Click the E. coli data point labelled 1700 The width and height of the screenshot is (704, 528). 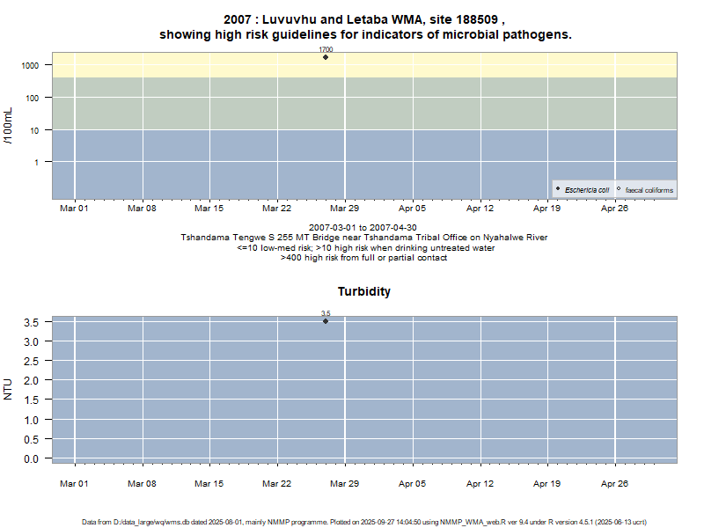pyautogui.click(x=326, y=57)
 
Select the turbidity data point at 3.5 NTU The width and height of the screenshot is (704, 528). pyautogui.click(x=326, y=321)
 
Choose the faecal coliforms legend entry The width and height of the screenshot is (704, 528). pyautogui.click(x=649, y=190)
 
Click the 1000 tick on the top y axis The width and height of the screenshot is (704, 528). pyautogui.click(x=29, y=65)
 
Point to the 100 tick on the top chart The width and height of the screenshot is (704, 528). pyautogui.click(x=32, y=98)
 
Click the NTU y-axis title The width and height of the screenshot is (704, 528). pyautogui.click(x=9, y=389)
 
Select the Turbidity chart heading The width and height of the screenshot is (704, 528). pyautogui.click(x=364, y=291)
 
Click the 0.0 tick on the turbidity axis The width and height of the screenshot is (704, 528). pyautogui.click(x=32, y=458)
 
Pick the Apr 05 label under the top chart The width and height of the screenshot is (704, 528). pyautogui.click(x=412, y=209)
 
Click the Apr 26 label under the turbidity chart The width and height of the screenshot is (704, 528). pyautogui.click(x=614, y=483)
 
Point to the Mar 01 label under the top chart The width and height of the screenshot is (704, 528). pyautogui.click(x=74, y=209)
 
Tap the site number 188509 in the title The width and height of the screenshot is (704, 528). pyautogui.click(x=474, y=18)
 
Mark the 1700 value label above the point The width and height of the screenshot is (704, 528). pyautogui.click(x=326, y=50)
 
